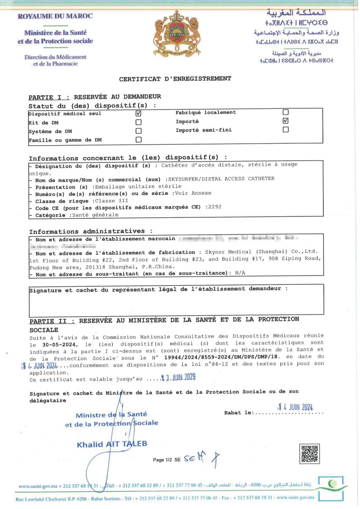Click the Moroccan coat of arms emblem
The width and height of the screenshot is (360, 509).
pyautogui.click(x=177, y=34)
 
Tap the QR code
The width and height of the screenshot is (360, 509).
pyautogui.click(x=310, y=454)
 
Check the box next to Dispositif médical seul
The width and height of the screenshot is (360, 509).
pyautogui.click(x=138, y=113)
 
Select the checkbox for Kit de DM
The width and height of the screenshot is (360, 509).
pyautogui.click(x=138, y=122)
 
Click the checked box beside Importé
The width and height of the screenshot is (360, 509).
pyautogui.click(x=285, y=121)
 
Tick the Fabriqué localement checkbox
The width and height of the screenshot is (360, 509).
pyautogui.click(x=285, y=112)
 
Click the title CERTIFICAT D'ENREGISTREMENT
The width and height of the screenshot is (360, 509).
pyautogui.click(x=175, y=79)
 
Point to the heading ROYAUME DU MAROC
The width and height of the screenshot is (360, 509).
pyautogui.click(x=55, y=16)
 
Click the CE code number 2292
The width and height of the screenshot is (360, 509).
pyautogui.click(x=215, y=207)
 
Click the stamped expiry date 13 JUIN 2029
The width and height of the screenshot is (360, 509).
pyautogui.click(x=178, y=378)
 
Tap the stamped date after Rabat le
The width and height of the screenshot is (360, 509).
pyautogui.click(x=295, y=407)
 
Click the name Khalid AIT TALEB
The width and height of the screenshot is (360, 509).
pyautogui.click(x=112, y=444)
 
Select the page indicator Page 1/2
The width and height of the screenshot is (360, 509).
pyautogui.click(x=162, y=460)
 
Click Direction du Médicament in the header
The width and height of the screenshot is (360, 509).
pyautogui.click(x=55, y=57)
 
